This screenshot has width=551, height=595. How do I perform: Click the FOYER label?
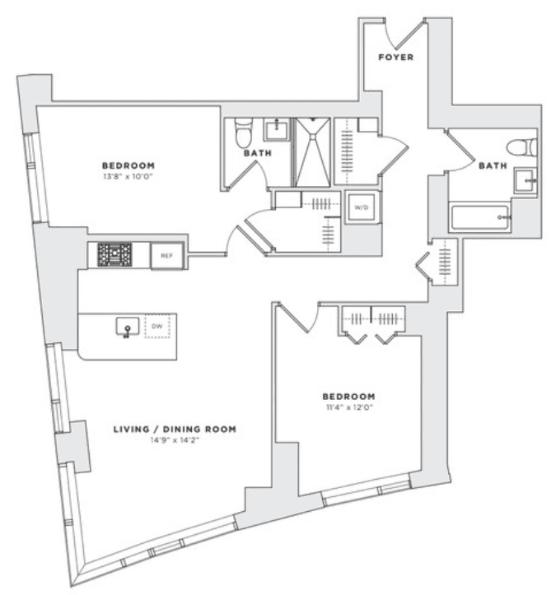point(395,58)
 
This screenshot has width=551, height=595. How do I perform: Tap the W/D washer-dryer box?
point(362,207)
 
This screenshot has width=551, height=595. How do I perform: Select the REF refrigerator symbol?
point(167,256)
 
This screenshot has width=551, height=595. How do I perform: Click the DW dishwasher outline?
point(157,326)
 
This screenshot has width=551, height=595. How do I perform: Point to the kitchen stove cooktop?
point(114,254)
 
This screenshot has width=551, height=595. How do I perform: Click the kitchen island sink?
point(128,327)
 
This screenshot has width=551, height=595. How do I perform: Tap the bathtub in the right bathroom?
point(480,217)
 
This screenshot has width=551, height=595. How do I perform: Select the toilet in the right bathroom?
point(522,147)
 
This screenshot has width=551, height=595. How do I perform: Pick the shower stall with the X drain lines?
point(312,151)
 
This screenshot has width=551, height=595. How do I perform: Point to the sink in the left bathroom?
point(277,129)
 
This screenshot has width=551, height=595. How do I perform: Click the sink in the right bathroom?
point(525,181)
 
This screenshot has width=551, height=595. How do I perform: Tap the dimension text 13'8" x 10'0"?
point(128,177)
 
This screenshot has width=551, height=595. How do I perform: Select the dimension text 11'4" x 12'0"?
point(348,407)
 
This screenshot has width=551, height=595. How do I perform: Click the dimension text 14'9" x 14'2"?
point(175,440)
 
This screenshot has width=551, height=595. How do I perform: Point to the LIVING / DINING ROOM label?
point(175,430)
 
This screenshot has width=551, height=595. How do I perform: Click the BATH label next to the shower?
point(258,153)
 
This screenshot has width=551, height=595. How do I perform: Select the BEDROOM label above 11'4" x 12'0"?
point(348,397)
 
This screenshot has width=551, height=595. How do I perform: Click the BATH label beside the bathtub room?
point(493,165)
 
